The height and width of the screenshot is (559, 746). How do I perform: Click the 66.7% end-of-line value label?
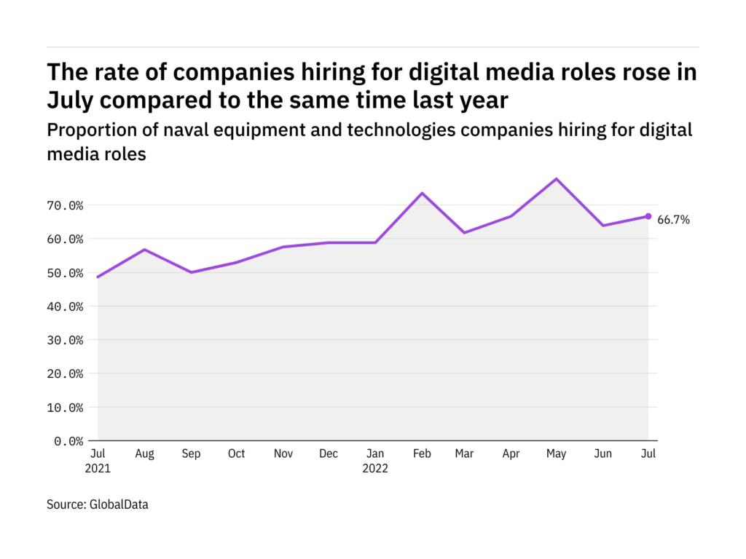(674, 219)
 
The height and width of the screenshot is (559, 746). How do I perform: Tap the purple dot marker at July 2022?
(648, 216)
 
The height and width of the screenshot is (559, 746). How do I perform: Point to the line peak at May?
(557, 178)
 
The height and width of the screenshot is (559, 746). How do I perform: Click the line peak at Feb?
(422, 193)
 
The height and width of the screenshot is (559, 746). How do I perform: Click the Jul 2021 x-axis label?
(97, 461)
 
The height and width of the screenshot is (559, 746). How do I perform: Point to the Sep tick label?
(190, 454)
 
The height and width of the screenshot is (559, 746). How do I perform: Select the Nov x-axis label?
(283, 454)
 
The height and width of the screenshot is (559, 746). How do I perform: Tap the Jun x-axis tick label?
(604, 454)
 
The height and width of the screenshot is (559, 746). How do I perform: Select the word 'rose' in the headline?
(608, 73)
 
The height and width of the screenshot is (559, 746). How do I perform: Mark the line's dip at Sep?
(191, 272)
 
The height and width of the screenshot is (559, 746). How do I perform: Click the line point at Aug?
(145, 250)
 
